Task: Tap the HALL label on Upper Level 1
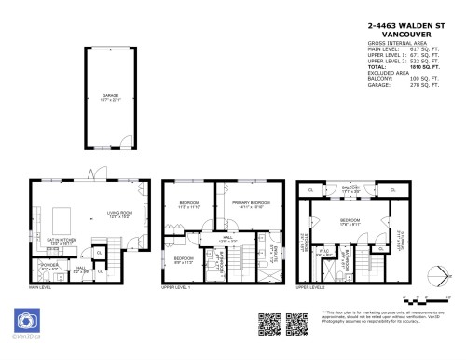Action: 226,240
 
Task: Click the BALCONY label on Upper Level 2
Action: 349,188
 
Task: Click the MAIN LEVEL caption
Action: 40,288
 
